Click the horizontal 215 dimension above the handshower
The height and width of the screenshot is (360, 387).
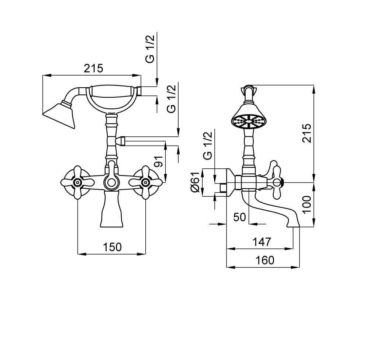(93, 68)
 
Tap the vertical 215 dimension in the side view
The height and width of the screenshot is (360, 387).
(307, 133)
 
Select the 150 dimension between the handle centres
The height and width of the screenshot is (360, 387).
(112, 247)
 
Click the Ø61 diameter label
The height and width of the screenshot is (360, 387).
(195, 182)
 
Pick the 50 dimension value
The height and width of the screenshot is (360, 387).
(240, 217)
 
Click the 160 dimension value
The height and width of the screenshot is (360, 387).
(265, 260)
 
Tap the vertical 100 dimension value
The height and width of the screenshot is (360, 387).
(307, 205)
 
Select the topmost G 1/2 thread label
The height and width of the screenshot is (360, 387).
(150, 49)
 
